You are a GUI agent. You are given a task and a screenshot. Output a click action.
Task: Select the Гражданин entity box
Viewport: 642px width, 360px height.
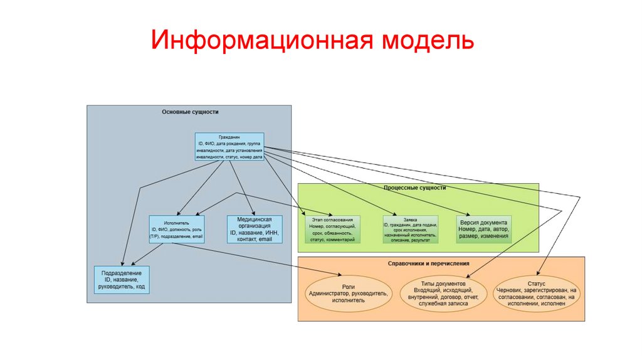229,147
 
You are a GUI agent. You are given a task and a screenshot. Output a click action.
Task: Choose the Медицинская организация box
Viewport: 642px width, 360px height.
253,229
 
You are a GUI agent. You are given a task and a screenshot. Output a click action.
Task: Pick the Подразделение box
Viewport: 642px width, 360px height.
121,280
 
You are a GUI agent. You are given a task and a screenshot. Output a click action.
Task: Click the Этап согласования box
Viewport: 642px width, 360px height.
332,230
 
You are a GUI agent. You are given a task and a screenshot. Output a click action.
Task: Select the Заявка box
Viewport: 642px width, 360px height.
411,230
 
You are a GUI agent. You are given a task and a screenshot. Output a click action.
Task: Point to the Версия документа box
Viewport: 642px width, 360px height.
484,229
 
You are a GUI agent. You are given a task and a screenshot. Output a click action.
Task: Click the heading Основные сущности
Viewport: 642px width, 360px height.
190,112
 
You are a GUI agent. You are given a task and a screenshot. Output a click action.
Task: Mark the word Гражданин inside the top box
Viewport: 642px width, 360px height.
229,137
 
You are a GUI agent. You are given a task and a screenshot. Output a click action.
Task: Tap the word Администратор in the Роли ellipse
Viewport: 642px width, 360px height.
329,294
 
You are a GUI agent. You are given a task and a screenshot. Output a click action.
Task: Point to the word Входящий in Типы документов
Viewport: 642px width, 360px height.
430,290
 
